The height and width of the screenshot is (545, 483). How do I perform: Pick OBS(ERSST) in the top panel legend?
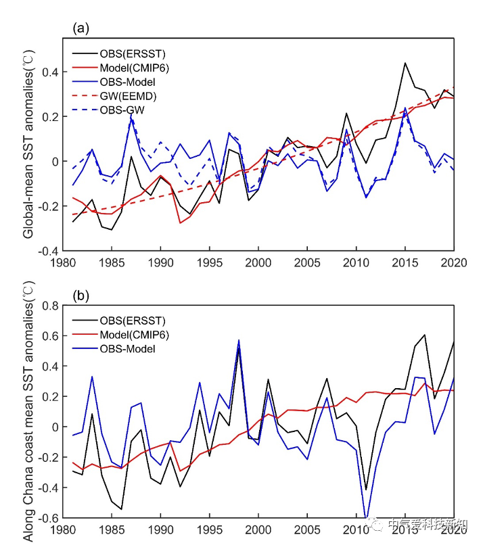[x=132, y=53]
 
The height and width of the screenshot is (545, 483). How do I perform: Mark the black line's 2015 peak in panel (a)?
[x=405, y=63]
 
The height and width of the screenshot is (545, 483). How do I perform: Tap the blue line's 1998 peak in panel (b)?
[x=239, y=341]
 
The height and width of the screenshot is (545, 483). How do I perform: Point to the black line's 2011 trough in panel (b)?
[x=366, y=490]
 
